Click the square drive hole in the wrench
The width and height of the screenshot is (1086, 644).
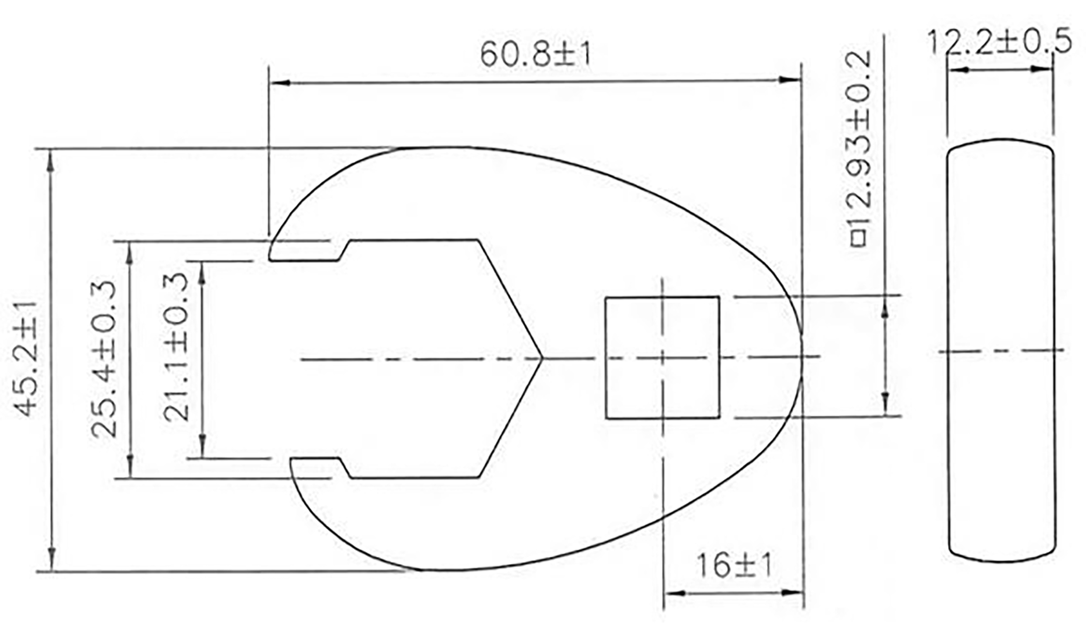click(x=662, y=358)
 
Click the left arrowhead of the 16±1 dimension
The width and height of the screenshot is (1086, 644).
click(x=673, y=593)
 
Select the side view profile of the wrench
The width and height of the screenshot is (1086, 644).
click(x=1001, y=350)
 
